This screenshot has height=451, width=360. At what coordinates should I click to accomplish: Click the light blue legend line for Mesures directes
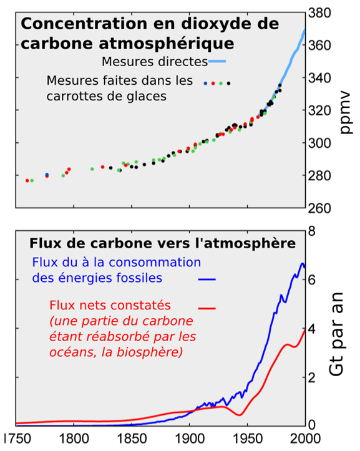point(216,62)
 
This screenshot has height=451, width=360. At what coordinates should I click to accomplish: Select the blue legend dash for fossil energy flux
point(207,279)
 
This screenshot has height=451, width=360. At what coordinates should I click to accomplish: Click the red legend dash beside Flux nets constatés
point(207,308)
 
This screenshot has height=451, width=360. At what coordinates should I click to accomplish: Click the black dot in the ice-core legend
point(229,83)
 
